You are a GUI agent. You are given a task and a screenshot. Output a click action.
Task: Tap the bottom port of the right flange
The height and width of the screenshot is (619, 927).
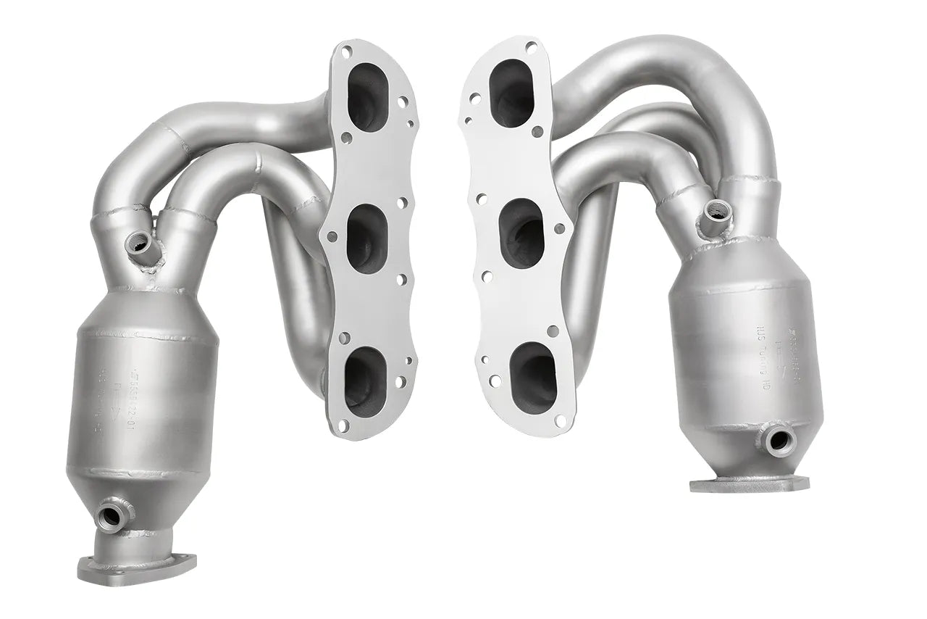(x=533, y=370)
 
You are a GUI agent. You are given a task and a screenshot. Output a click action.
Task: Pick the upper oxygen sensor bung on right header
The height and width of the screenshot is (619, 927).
(x=718, y=211)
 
